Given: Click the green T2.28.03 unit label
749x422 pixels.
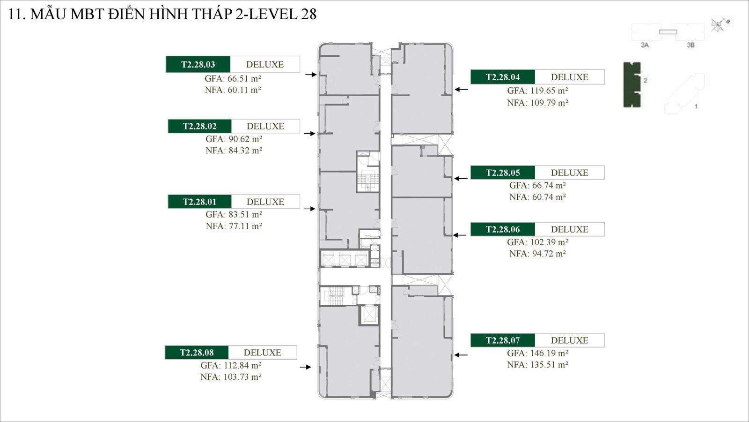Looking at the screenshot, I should tap(198, 65).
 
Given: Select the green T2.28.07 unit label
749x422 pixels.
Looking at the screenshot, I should tap(503, 340).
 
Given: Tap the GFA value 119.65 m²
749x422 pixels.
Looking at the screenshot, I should tap(537, 91).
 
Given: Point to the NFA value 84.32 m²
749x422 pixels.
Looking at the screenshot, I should tap(234, 151).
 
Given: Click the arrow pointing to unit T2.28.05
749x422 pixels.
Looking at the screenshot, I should tap(461, 178).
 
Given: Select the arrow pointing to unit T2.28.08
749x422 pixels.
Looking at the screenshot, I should tap(305, 367).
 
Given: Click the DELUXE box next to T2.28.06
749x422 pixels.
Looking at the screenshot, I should tap(569, 229).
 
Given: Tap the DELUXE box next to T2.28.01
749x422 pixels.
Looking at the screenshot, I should tap(265, 202).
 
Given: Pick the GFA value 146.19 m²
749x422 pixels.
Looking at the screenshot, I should tap(537, 354).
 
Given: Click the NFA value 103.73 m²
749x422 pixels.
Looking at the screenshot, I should tap(231, 377).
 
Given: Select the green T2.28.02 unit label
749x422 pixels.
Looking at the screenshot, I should tap(200, 126).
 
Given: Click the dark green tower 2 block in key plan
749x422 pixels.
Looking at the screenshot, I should tap(632, 85).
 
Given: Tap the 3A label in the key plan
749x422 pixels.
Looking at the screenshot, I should tap(645, 45).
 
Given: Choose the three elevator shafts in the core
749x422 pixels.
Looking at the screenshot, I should tap(344, 259).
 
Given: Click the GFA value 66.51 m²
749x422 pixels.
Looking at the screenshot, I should tap(233, 79).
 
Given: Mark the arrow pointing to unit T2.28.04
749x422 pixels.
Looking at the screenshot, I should tap(461, 89).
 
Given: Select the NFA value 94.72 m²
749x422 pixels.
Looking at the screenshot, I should tap(537, 254).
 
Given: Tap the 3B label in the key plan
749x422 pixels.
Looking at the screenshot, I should tap(690, 45).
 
